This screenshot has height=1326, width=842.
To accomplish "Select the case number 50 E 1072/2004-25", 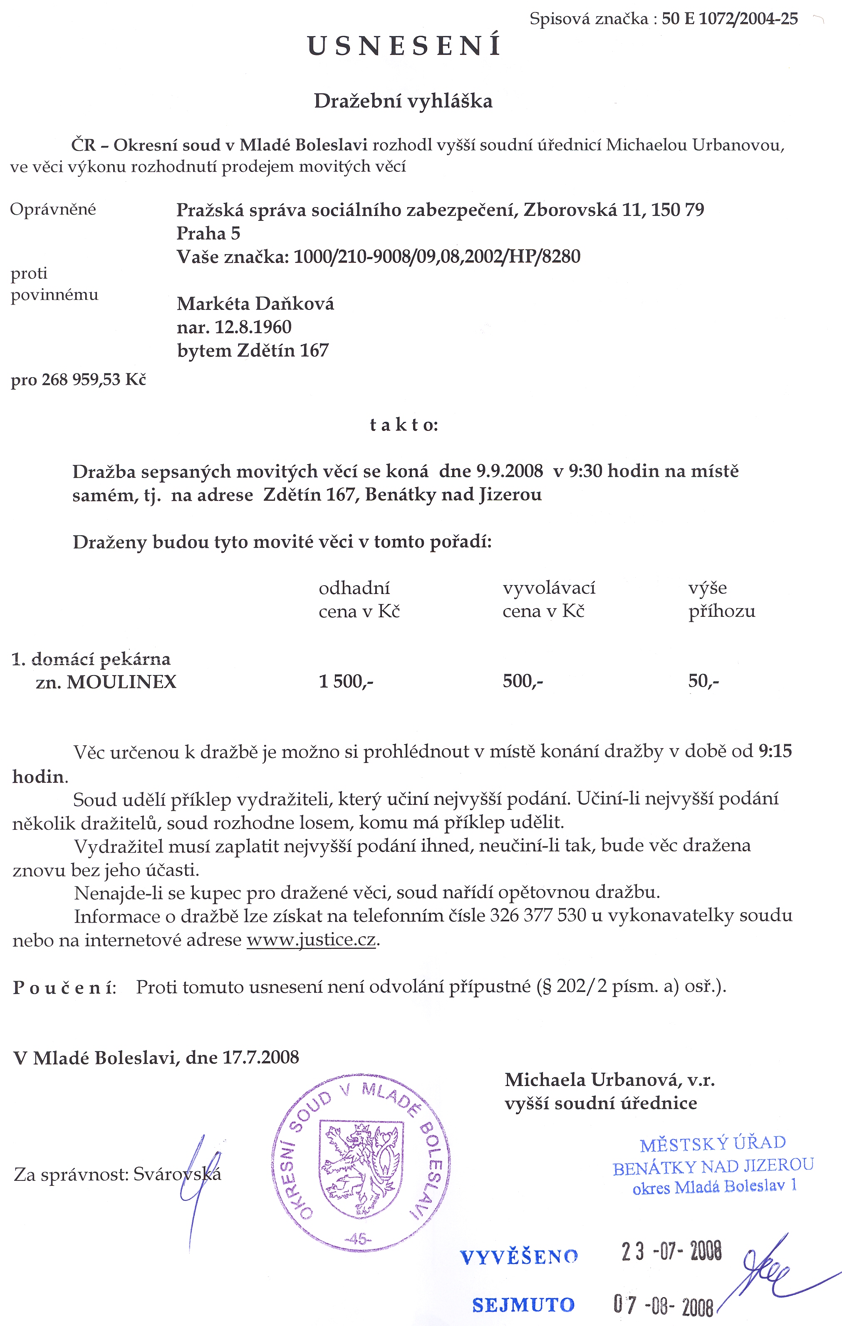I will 730,19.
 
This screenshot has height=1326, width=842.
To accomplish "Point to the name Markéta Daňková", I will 255,303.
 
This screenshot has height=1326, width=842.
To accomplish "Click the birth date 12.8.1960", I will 253,327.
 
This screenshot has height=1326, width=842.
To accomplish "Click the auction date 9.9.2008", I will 509,471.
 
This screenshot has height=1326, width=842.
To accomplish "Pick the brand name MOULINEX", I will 122,682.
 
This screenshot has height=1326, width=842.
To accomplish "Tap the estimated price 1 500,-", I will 346,682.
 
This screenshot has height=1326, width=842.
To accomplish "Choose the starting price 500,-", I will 523,682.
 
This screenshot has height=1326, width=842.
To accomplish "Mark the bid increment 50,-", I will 703,682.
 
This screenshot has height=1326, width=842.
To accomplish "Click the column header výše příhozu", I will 721,600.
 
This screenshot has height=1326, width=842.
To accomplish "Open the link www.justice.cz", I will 311,940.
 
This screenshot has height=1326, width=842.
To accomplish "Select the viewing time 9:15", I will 775,751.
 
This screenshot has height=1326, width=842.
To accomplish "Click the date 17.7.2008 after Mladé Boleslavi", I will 260,1058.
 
